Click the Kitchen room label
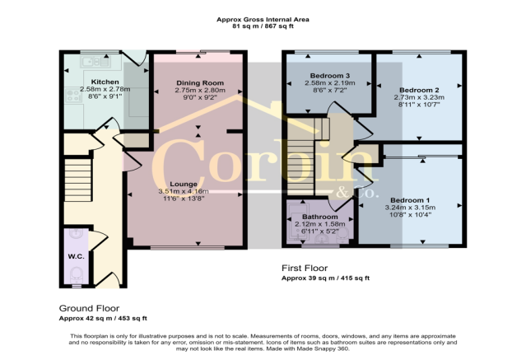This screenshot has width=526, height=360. tap(105, 82)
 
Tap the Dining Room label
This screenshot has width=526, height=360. tap(200, 83)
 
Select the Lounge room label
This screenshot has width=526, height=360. tap(184, 184)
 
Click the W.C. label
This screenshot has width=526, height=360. tap(77, 256)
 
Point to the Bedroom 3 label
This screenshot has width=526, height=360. tap(330, 76)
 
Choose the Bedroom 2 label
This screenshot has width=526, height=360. tap(419, 90)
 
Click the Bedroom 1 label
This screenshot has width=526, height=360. tap(410, 200)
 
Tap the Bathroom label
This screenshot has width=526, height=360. tap(320, 217)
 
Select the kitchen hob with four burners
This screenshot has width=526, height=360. tap(73, 95)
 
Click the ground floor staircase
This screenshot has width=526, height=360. tap(78, 180)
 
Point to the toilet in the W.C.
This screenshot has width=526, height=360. tap(77, 274)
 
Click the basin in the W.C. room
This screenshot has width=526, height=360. tap(77, 233)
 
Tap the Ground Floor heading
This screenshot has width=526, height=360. tap(89, 308)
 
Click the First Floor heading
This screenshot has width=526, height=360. tap(305, 268)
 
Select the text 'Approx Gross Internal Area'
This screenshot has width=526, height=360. tap(263, 20)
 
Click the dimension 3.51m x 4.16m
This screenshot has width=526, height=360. tap(184, 191)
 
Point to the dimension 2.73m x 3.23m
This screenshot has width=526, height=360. tap(419, 97)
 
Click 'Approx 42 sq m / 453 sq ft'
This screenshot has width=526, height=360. tap(103, 318)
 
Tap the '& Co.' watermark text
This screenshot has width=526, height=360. tap(357, 193)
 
